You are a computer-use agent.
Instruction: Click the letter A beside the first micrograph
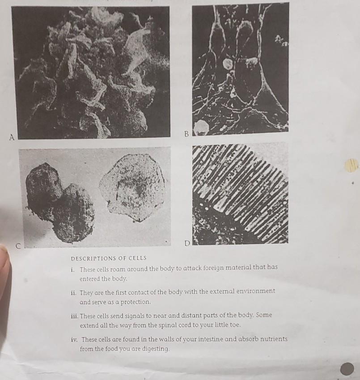pyautogui.click(x=12, y=137)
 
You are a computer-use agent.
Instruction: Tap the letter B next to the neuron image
pyautogui.click(x=186, y=134)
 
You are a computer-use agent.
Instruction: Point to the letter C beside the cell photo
pyautogui.click(x=18, y=246)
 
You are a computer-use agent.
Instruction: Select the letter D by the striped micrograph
pyautogui.click(x=187, y=243)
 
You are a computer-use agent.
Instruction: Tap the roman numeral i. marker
pyautogui.click(x=72, y=269)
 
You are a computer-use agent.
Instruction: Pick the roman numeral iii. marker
pyautogui.click(x=74, y=316)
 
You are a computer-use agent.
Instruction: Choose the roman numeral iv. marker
pyautogui.click(x=74, y=339)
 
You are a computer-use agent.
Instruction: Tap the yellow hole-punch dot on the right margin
pyautogui.click(x=352, y=165)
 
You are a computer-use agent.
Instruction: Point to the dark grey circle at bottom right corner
pyautogui.click(x=347, y=369)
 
